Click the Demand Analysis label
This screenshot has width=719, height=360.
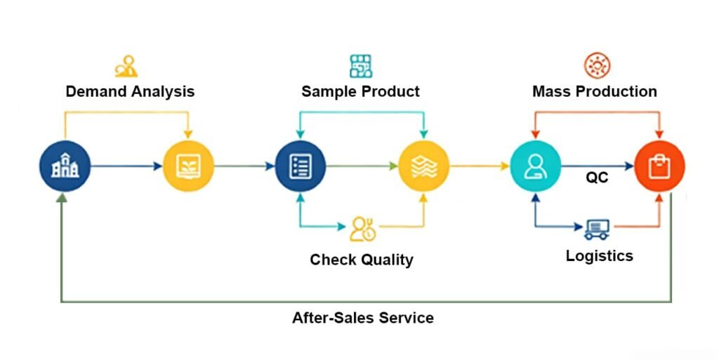pos(130,91)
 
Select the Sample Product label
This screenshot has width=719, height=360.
pos(360,91)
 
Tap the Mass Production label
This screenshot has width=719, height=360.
pos(594,91)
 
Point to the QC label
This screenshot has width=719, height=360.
pos(597,178)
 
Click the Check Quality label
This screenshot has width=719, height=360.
pos(362,260)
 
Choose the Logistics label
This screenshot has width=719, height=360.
pos(599,255)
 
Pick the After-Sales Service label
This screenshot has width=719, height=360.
pos(362,318)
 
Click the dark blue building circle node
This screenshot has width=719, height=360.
pos(65,166)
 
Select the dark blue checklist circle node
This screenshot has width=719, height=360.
pos(301,166)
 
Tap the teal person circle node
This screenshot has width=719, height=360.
pos(536,166)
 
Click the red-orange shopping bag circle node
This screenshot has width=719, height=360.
pos(659,166)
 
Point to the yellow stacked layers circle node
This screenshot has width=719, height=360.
pos(423,166)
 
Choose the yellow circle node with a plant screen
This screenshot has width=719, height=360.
pos(188,166)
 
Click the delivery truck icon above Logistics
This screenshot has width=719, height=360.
pos(597,228)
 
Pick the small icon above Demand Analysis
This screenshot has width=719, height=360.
pos(126,66)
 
